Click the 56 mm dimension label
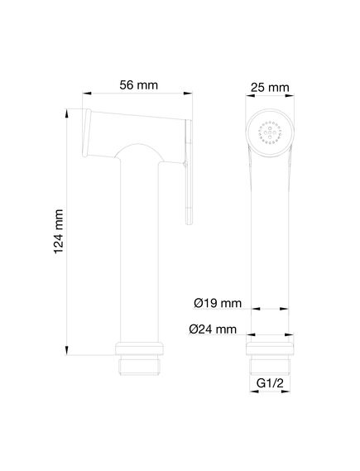pos(138,85)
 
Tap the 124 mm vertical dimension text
pos(59,232)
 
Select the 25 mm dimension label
pos(270,88)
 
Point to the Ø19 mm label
pos(218,303)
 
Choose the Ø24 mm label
pos(213,329)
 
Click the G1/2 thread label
pos(270,383)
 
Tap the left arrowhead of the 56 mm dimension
pos(87,94)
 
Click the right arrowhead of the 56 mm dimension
pos(188,94)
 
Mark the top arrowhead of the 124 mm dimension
pos(67,113)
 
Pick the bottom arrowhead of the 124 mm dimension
pos(67,350)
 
